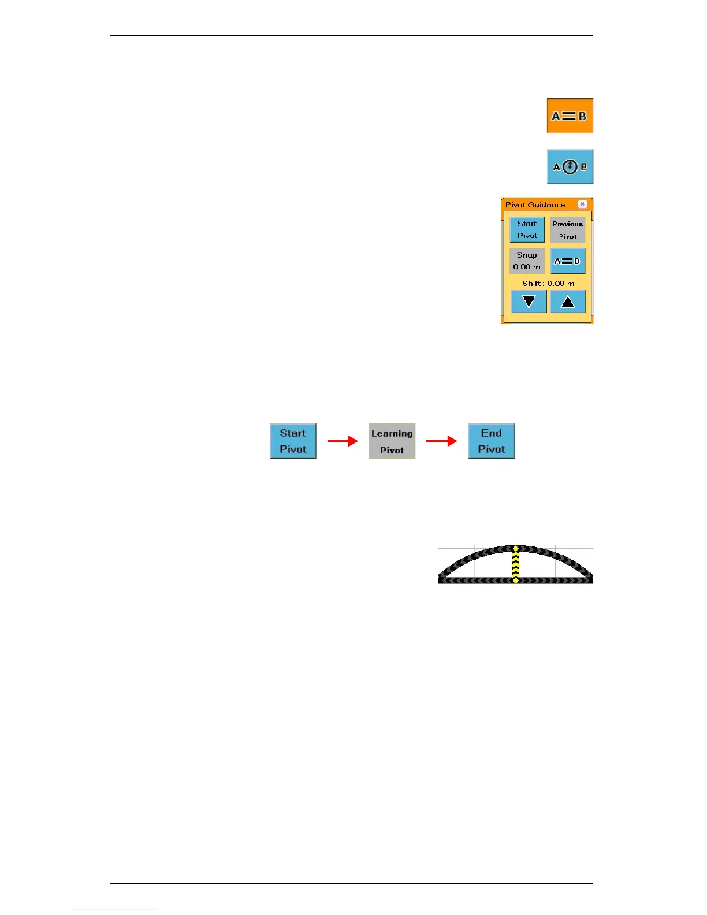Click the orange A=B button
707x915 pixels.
coord(570,116)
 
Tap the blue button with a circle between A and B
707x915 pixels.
coord(570,167)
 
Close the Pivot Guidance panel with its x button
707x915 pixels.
coord(582,204)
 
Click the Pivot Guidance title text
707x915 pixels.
coord(535,204)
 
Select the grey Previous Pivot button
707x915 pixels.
coord(567,230)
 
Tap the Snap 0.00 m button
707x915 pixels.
coord(527,261)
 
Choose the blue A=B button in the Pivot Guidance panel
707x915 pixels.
coord(567,261)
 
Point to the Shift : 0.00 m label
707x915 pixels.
coord(548,284)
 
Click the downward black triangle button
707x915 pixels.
coord(529,302)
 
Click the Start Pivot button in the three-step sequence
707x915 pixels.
coord(293,441)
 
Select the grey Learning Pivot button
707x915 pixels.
coord(392,441)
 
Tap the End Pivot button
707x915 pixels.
coord(491,441)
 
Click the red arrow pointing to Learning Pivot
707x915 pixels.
coord(343,441)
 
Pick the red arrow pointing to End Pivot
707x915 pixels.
coord(441,441)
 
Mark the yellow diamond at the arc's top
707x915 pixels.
coord(516,548)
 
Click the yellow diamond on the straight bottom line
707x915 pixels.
coord(516,580)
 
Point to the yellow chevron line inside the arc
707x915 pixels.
coord(516,564)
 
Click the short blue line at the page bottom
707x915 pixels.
coord(114,910)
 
